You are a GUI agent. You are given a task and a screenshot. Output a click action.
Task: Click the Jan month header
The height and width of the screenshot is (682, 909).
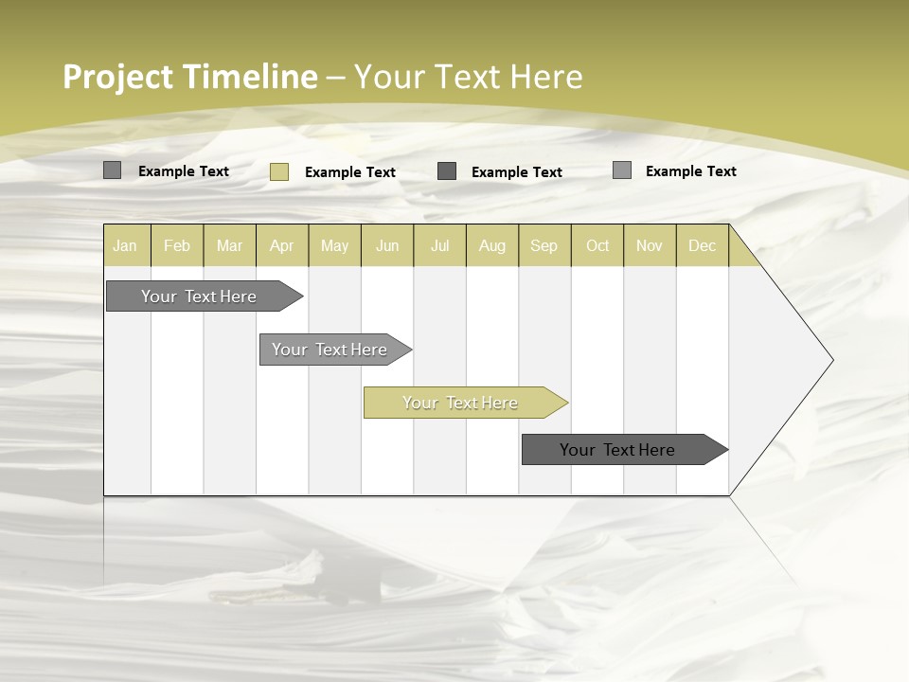[x=125, y=245]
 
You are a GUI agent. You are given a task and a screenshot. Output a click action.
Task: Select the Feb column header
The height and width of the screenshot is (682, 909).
[x=177, y=245]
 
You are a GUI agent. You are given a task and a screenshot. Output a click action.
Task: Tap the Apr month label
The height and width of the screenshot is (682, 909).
[x=281, y=245]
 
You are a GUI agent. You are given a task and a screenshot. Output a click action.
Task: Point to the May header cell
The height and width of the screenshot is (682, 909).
[x=334, y=245]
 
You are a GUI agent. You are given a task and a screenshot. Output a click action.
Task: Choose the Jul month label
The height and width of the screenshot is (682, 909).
[x=439, y=245]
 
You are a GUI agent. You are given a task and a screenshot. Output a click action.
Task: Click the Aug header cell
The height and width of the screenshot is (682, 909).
[x=491, y=245]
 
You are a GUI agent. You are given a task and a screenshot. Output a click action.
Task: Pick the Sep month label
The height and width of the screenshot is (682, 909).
[x=544, y=245]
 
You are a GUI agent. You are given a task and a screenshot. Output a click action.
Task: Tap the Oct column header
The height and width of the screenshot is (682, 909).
[x=597, y=245]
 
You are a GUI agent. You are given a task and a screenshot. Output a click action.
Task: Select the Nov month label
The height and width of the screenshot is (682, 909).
[x=649, y=245]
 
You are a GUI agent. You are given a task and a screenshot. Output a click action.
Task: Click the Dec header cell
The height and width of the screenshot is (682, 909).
[x=702, y=245]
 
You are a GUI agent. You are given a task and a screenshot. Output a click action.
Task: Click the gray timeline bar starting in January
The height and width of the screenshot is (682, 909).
[x=199, y=296]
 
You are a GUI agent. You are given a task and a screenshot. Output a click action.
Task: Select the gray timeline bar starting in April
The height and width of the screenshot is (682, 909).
[x=330, y=350]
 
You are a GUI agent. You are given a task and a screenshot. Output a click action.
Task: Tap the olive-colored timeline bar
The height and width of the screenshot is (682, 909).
[x=460, y=403]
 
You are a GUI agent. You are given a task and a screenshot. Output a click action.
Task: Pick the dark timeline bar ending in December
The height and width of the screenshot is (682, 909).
[x=617, y=450]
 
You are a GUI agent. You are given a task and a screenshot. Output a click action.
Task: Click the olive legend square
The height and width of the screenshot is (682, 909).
[x=279, y=171]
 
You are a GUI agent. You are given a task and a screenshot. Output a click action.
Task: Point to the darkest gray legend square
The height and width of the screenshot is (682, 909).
[x=447, y=170]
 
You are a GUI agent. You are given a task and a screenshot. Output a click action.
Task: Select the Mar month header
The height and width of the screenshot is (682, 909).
[x=229, y=245]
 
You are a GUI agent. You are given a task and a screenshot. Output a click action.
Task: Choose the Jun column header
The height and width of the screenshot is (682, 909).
[x=387, y=245]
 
